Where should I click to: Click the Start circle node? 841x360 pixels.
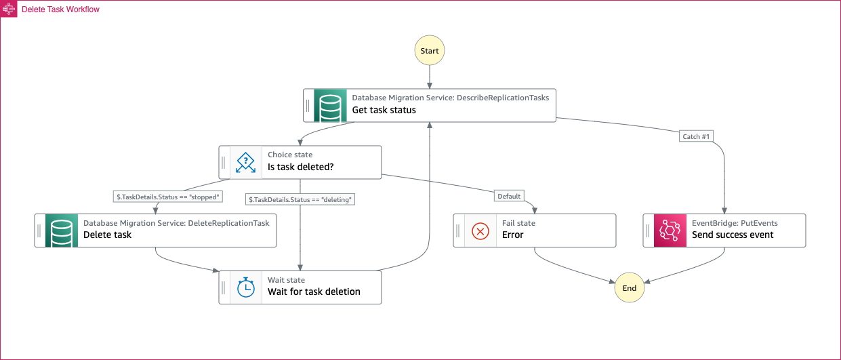(x=430, y=50)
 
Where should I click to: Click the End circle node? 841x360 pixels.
(x=630, y=287)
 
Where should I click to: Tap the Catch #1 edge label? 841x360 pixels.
(x=696, y=136)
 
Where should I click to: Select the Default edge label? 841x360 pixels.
(x=509, y=196)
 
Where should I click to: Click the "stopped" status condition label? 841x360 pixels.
(x=168, y=197)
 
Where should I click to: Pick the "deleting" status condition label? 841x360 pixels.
(x=300, y=199)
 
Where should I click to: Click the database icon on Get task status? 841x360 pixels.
(x=331, y=106)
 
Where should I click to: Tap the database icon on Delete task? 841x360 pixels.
(x=62, y=231)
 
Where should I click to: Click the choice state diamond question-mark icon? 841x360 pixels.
(x=245, y=162)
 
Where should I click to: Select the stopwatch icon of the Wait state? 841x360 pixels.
(x=246, y=287)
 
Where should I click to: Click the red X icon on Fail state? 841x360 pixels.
(x=480, y=231)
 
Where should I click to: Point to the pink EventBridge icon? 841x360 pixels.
(x=670, y=231)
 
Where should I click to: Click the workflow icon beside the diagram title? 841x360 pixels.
(x=9, y=9)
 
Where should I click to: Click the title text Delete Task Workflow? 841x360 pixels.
(x=60, y=9)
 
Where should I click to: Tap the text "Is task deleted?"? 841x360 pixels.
(x=300, y=167)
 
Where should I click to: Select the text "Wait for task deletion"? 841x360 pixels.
(x=314, y=292)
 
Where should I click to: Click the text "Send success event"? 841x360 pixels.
(x=733, y=235)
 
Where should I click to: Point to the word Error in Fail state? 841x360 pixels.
(x=512, y=235)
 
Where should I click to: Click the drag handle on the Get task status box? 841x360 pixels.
(x=308, y=106)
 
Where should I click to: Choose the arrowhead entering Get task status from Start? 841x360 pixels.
(x=430, y=85)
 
